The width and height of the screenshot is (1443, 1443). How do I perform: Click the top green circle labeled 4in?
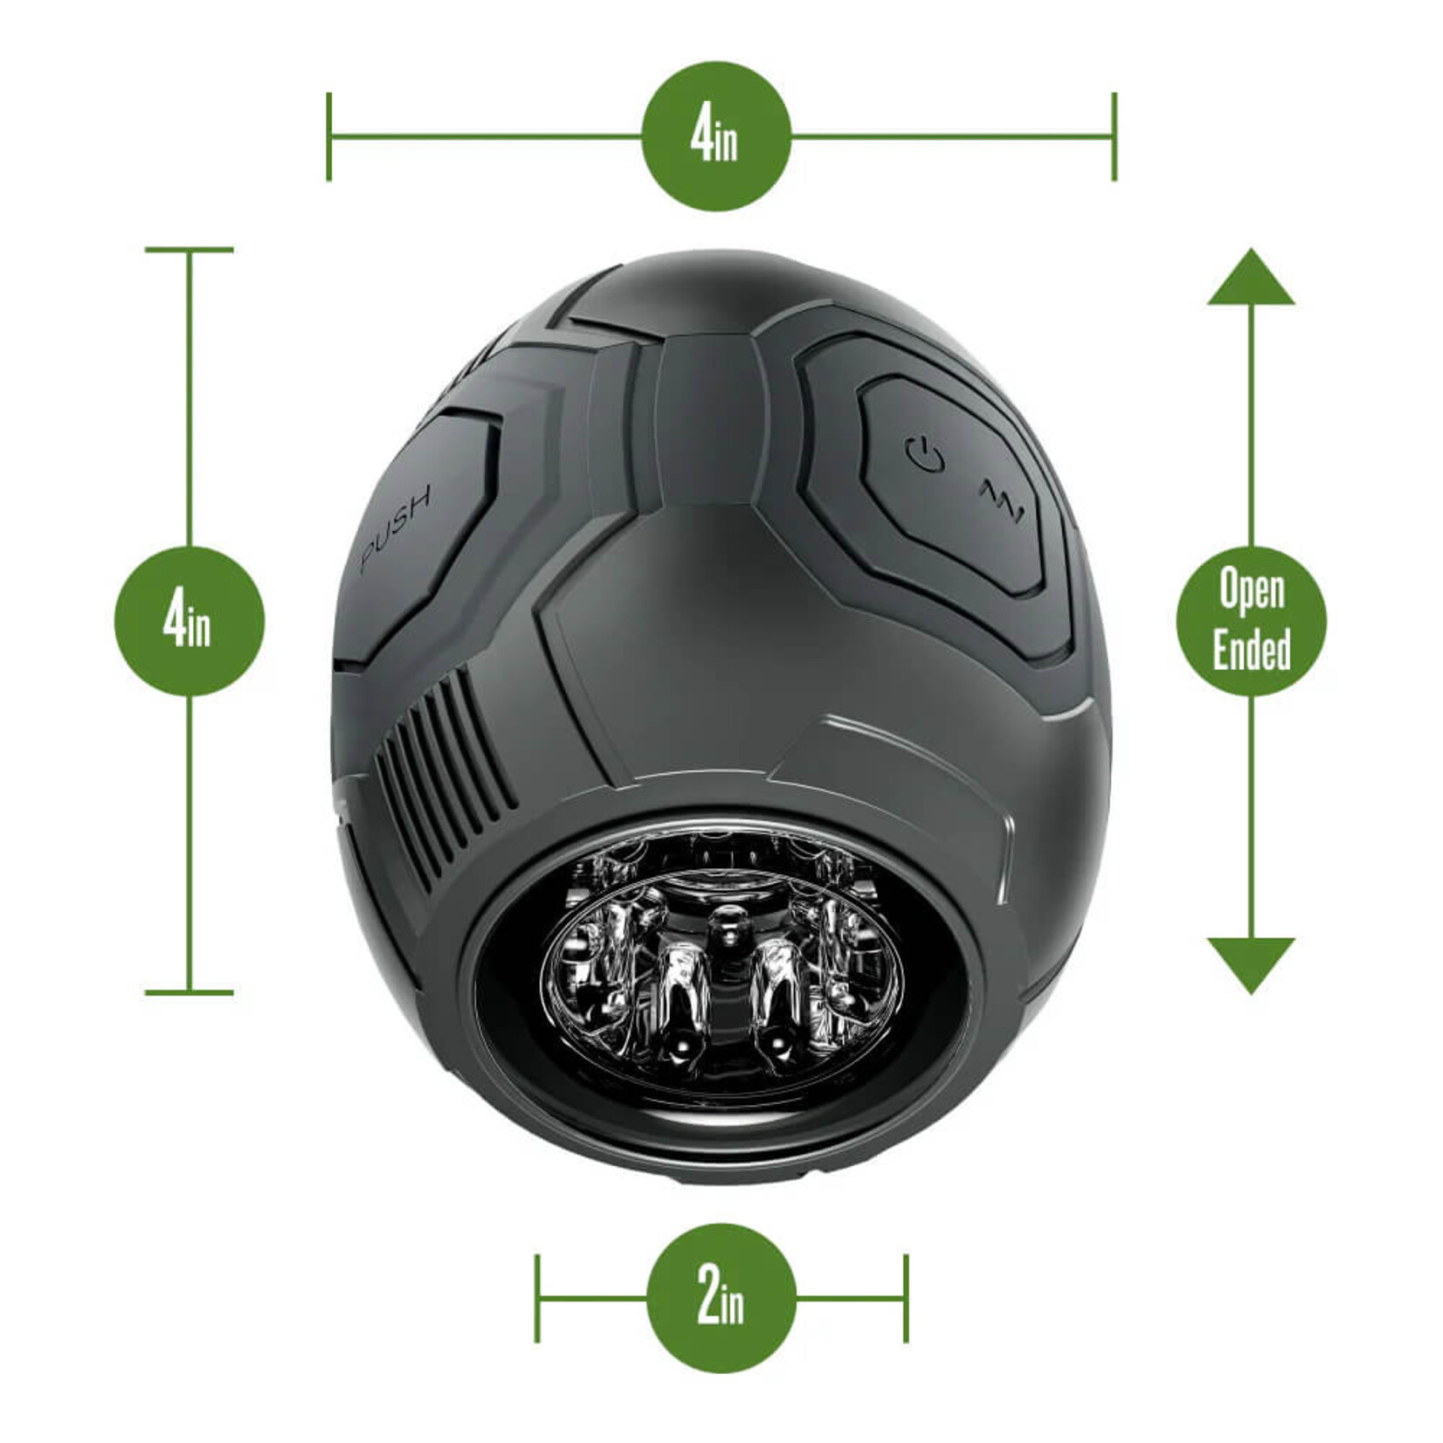[x=715, y=136]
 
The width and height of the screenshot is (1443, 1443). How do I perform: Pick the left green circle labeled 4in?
[x=189, y=621]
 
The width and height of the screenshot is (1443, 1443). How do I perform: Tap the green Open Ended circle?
[x=1251, y=621]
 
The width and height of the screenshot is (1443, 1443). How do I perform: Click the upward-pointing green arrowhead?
[x=1251, y=278]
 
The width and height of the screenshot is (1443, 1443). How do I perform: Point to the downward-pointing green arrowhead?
[x=1251, y=963]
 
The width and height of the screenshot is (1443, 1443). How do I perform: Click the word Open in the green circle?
[x=1252, y=591]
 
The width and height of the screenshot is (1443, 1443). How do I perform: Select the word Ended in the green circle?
[x=1252, y=650]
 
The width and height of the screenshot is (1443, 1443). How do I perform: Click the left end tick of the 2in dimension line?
[x=537, y=1298]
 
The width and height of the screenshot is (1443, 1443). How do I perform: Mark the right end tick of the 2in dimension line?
[x=907, y=1298]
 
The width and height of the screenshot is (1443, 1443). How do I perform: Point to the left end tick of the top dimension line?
[x=328, y=136]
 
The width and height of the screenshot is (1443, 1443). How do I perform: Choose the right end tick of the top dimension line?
[x=1114, y=136]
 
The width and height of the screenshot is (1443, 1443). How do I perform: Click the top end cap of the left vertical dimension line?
[x=189, y=250]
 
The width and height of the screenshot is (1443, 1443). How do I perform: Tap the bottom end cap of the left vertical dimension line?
[x=189, y=992]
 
